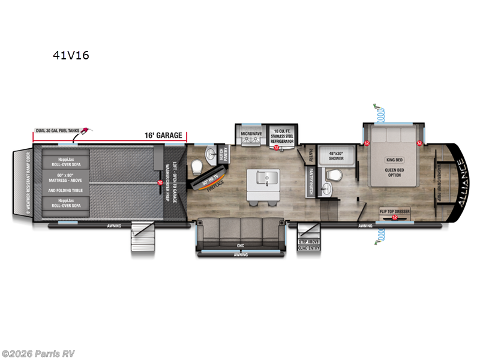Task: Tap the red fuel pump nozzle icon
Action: click(88, 131)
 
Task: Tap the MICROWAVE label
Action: click(251, 133)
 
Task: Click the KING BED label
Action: click(393, 160)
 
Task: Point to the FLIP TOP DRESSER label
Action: click(394, 211)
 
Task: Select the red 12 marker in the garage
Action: click(160, 182)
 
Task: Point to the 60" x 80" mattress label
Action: click(65, 178)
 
